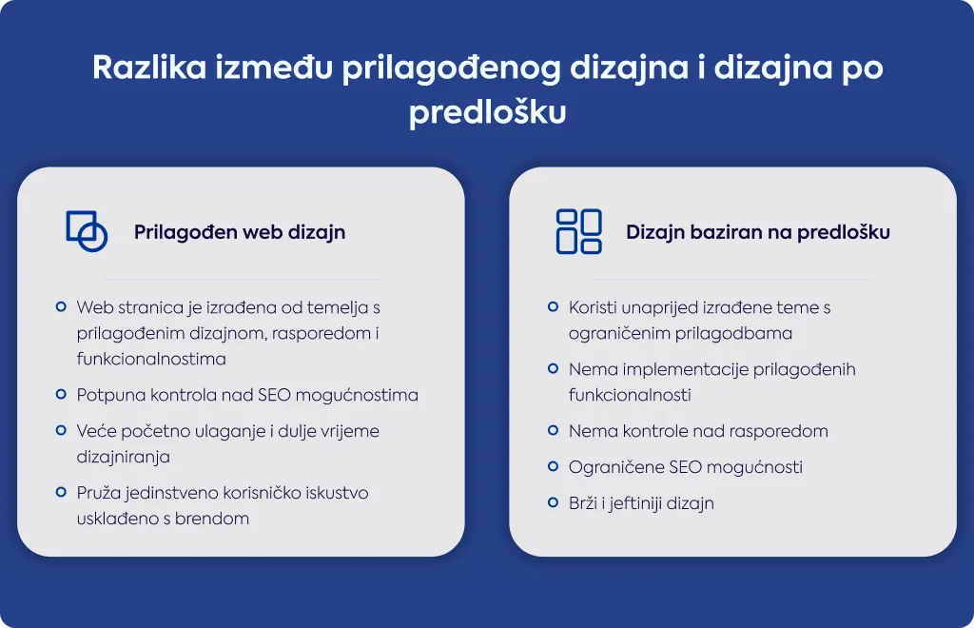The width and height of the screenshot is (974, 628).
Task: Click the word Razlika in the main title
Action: [149, 68]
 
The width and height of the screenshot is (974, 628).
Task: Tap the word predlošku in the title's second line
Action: [488, 112]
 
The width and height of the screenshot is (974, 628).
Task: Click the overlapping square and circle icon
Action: [87, 231]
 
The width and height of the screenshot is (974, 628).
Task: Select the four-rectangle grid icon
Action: [579, 231]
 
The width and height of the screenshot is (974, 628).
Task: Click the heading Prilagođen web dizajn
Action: [240, 232]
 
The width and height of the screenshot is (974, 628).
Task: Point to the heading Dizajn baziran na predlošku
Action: [758, 232]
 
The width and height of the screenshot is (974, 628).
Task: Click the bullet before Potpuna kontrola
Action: [61, 394]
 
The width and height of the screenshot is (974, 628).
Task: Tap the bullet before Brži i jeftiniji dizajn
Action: [553, 501]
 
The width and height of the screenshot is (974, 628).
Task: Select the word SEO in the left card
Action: [274, 395]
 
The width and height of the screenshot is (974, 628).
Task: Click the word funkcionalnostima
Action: [151, 359]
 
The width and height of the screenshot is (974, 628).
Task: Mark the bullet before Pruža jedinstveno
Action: [61, 492]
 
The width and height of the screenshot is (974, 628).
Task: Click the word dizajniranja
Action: [123, 457]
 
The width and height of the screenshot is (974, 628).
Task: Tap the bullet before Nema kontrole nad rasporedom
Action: [553, 430]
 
